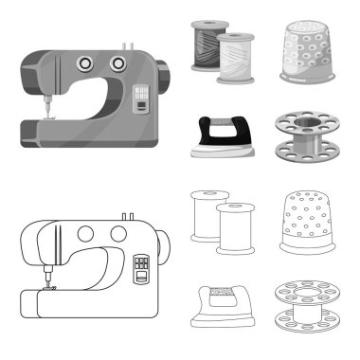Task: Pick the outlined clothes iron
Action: (x=218, y=304)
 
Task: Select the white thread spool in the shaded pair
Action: (x=234, y=60)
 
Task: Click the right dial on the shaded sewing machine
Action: (x=117, y=63)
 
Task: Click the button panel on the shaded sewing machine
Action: (x=141, y=98)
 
